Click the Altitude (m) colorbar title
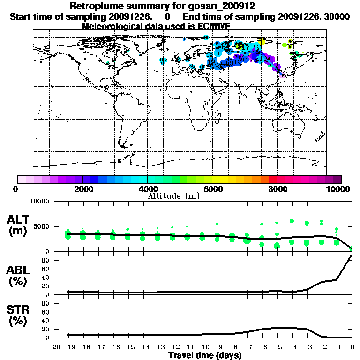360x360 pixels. pyautogui.click(x=173, y=196)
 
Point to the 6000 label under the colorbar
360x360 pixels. pyautogui.click(x=213, y=189)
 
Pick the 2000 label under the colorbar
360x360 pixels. pyautogui.click(x=83, y=189)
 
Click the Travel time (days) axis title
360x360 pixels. pyautogui.click(x=204, y=355)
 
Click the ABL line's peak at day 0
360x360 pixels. pyautogui.click(x=352, y=255)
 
